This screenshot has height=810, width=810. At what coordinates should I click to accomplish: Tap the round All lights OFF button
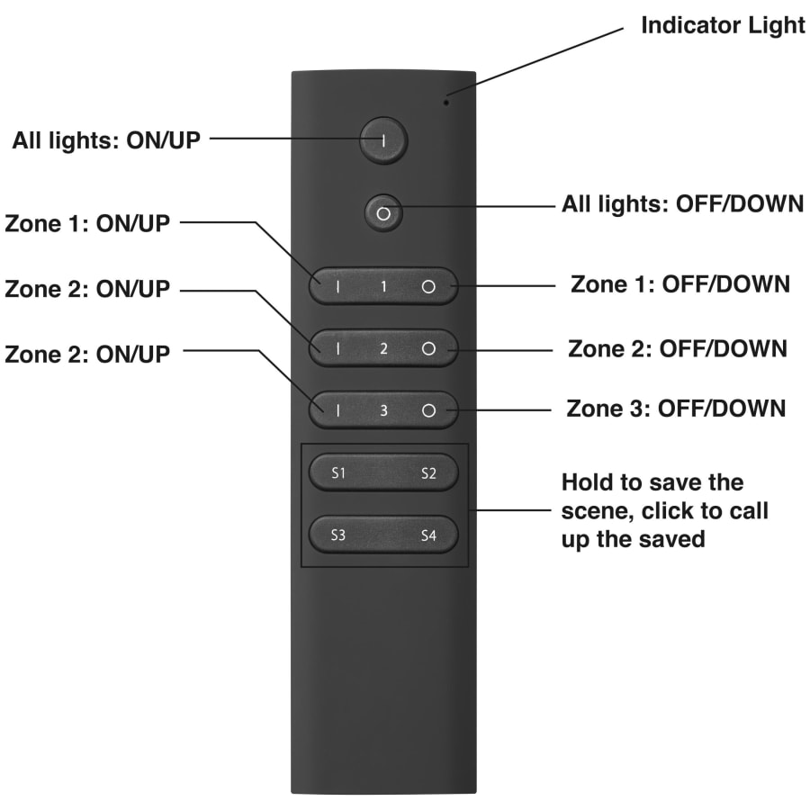coord(383,213)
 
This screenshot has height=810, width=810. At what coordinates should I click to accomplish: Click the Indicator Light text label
coord(723,25)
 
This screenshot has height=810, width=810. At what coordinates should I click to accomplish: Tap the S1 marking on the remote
coord(338,473)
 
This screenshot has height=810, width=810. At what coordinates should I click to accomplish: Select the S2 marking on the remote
coord(428,473)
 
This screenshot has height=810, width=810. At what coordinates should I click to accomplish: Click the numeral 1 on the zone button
coord(383,287)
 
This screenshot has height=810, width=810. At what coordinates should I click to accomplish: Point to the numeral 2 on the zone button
coord(383,349)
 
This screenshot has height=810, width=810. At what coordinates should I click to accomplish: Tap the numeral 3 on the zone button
coord(383,411)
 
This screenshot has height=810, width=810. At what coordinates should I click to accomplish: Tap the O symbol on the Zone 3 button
coord(428,411)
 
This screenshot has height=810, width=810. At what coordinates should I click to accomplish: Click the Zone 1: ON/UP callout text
coord(86,224)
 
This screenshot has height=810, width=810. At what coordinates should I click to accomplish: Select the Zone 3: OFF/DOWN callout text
coord(676,408)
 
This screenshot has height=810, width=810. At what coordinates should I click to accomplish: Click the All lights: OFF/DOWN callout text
coord(682,204)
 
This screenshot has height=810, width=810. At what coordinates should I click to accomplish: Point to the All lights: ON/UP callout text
coord(106,140)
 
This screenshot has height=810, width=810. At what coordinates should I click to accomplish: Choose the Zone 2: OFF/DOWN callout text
coord(678,347)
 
